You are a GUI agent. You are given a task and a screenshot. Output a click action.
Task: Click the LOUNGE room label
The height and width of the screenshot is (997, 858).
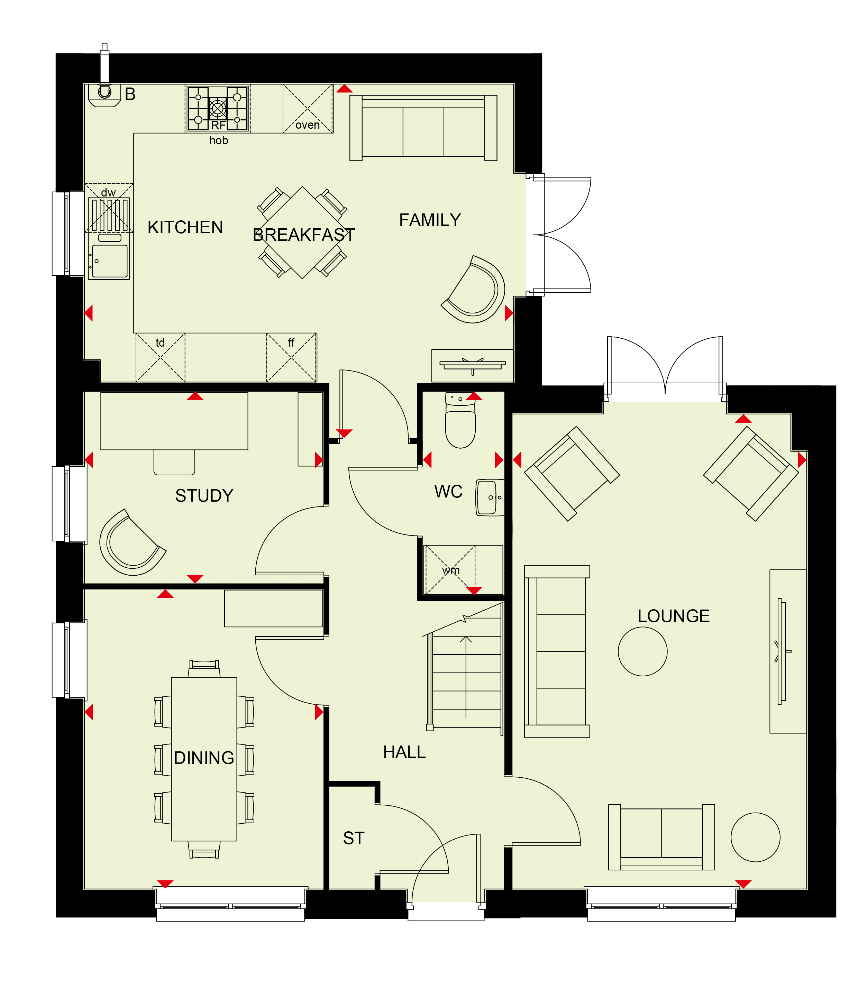[x=673, y=616]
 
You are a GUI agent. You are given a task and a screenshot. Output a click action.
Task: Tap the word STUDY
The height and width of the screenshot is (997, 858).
[x=204, y=496]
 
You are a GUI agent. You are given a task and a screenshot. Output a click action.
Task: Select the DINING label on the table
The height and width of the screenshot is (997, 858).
[x=204, y=758]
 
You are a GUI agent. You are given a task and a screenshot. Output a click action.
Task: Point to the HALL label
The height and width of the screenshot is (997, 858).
[x=404, y=752]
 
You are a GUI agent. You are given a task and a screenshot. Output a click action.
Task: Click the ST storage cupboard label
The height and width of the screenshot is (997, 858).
[x=354, y=838]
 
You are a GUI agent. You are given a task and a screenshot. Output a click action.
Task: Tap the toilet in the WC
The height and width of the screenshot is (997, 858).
[x=460, y=420]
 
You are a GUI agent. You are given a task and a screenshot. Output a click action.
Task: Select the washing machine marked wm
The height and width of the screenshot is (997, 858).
[x=450, y=570]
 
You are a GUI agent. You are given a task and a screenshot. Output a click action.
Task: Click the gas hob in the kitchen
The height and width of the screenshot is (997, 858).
[x=218, y=109]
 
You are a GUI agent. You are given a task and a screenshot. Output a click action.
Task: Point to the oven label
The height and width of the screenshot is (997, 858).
[x=308, y=125]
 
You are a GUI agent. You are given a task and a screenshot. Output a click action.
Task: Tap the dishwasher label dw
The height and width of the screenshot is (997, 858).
[x=108, y=192]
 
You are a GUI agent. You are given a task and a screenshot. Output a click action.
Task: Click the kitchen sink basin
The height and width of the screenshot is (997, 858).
[x=110, y=261]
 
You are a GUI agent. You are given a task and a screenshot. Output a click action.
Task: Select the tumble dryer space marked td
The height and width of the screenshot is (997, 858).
[x=160, y=357]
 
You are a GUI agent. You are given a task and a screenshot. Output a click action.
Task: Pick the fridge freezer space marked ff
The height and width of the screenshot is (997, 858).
[x=292, y=357]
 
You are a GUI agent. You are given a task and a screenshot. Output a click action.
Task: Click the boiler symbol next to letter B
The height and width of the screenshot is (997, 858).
[x=104, y=94]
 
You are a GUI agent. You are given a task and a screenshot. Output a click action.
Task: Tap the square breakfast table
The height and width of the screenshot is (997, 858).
[x=302, y=232]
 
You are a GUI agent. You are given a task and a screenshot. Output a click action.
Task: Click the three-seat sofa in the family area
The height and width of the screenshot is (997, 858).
[x=423, y=128]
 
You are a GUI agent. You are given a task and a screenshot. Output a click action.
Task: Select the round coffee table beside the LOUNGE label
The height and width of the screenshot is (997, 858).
[x=642, y=651]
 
